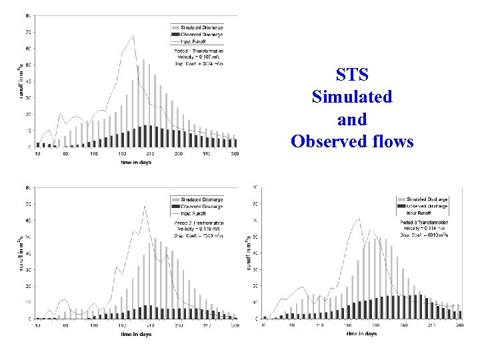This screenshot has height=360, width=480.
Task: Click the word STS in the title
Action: (352, 73)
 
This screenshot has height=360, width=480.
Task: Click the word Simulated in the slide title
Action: (352, 97)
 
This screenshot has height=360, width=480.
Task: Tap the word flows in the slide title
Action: (393, 141)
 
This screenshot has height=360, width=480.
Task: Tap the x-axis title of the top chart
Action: (136, 162)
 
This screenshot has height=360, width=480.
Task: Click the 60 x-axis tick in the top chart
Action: (65, 154)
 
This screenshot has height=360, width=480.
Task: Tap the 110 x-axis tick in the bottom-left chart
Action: (94, 325)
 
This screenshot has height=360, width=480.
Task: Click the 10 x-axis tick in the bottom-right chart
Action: (265, 325)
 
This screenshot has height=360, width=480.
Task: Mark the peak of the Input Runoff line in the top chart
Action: (133, 36)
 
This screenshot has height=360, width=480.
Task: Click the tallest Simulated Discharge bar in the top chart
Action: (143, 100)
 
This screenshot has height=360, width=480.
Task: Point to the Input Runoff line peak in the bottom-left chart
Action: (145, 207)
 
